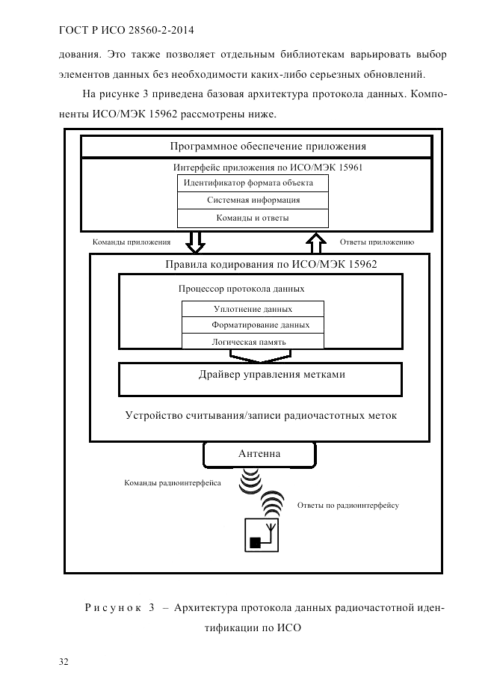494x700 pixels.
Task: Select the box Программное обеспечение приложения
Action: pos(256,147)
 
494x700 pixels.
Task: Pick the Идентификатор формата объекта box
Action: pos(253,183)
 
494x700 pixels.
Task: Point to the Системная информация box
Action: pos(253,200)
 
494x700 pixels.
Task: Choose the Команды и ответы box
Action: pos(253,218)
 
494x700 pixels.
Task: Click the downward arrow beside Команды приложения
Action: pos(196,242)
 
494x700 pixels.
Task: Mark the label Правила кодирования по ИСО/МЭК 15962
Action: pos(271,264)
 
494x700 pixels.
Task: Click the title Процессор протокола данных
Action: pos(241,288)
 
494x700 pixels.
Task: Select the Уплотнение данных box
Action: pos(253,309)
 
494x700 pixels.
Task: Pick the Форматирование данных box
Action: pos(253,325)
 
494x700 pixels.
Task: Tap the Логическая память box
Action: pos(253,342)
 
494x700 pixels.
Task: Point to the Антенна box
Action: pos(259,454)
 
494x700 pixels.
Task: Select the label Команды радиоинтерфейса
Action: pos(172,483)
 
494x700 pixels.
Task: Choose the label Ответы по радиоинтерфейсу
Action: pos(348,506)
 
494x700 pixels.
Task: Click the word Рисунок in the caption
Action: pos(114,608)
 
